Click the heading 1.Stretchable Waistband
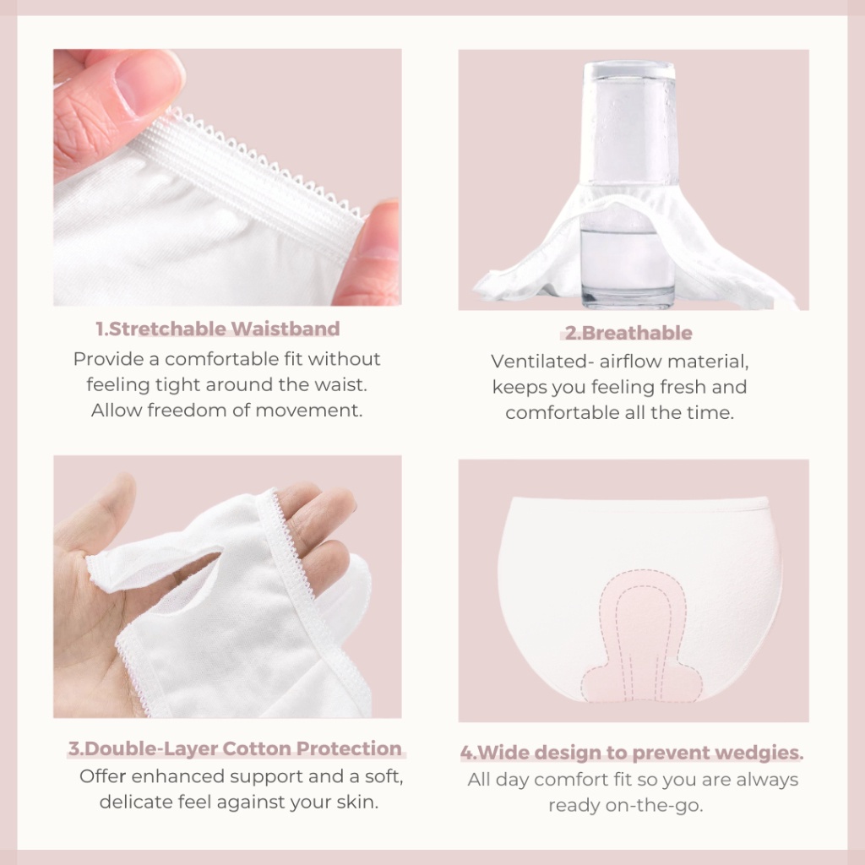pos(218,329)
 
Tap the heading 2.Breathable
pos(628,333)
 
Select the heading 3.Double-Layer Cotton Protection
pos(235,748)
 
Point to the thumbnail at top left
pos(227,177)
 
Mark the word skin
pos(356,802)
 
